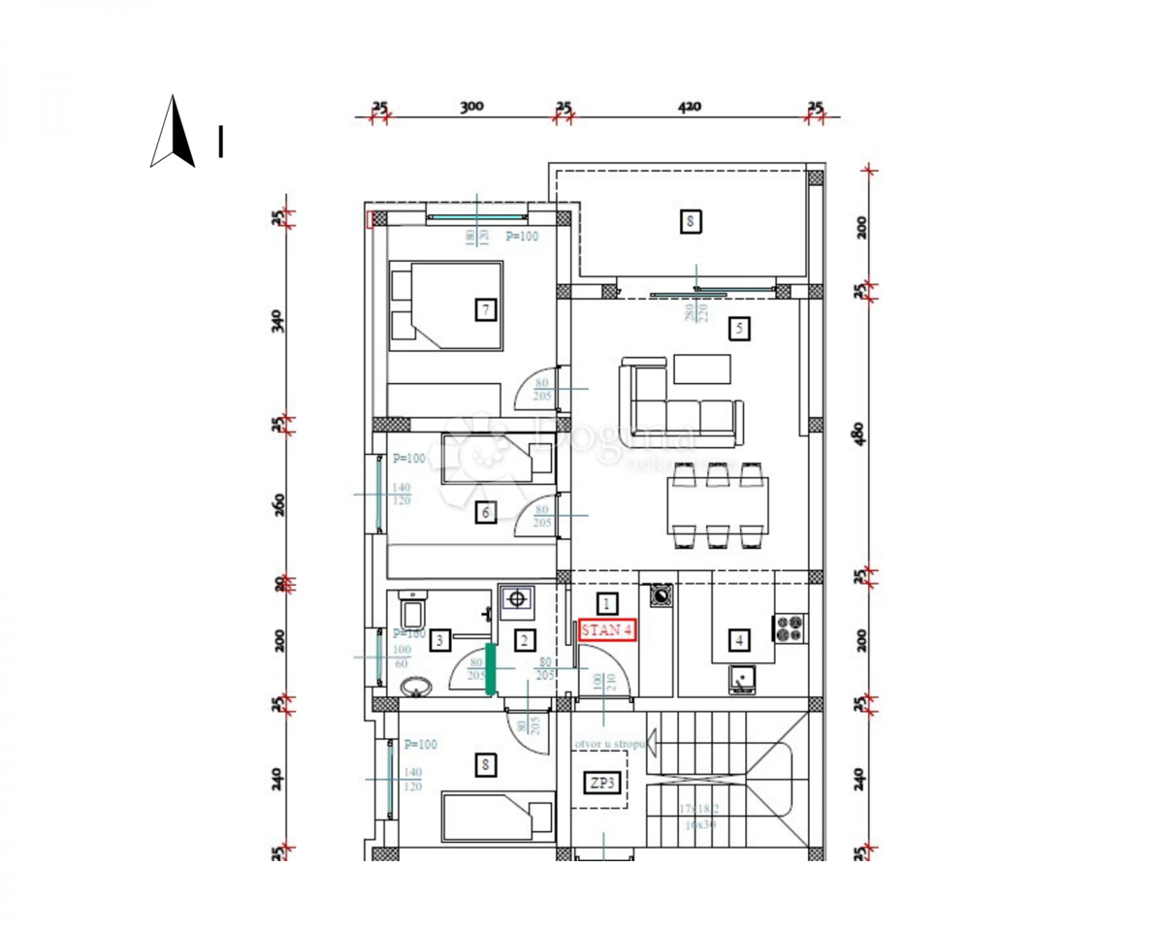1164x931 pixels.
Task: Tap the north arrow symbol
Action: point(173,132)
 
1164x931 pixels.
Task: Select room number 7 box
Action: point(486,310)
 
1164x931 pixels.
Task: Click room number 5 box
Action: point(739,329)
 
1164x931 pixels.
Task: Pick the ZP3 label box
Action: point(603,783)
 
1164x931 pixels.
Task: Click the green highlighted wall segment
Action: point(490,669)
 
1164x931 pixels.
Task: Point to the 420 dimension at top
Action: point(689,107)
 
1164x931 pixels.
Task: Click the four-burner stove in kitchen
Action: point(788,627)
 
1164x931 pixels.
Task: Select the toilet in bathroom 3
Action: point(411,610)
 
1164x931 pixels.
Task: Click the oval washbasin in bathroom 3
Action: point(417,687)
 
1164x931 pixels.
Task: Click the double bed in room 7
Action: point(445,305)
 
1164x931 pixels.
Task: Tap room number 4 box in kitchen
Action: point(740,640)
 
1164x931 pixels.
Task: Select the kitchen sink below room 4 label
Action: point(742,681)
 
